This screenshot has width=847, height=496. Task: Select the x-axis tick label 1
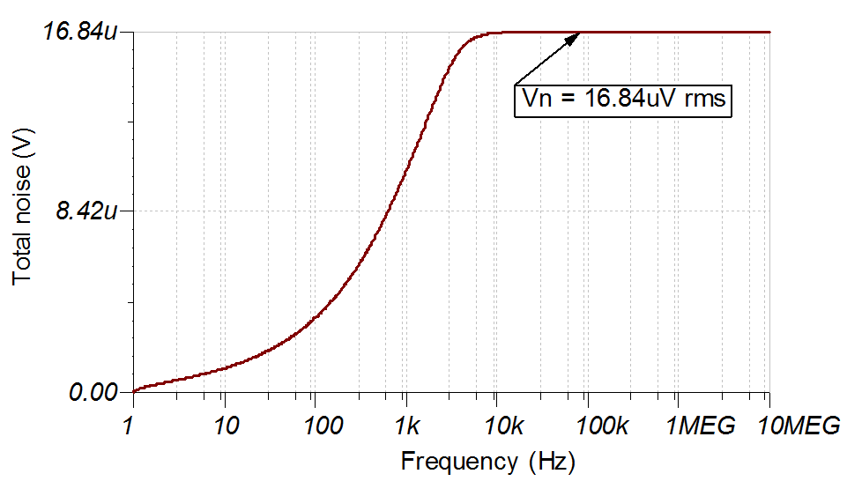(x=132, y=426)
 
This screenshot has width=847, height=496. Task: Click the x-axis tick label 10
(x=225, y=426)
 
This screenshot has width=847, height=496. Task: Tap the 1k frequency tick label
(x=406, y=426)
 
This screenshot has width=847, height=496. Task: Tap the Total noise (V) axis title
(x=23, y=212)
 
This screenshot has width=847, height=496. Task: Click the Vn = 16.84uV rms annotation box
(x=624, y=99)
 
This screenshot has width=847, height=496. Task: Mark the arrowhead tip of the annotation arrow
(x=580, y=33)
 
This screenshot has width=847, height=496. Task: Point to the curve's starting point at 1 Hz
(x=133, y=391)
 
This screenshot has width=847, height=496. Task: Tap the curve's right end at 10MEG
(x=769, y=32)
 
